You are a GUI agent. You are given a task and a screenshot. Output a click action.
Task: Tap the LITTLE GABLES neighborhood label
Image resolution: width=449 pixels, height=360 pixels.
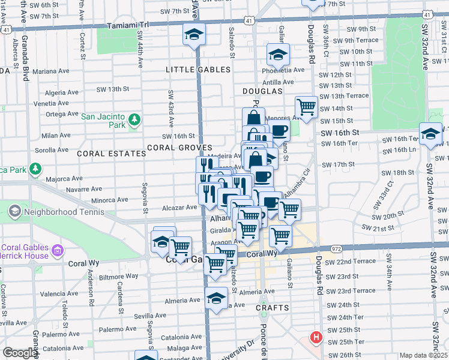[x=198, y=70]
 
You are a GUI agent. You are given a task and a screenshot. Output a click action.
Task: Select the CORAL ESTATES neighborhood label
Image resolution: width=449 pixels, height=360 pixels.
[x=112, y=154]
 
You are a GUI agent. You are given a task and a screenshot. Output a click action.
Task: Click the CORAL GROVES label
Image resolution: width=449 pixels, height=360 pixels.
[x=179, y=148]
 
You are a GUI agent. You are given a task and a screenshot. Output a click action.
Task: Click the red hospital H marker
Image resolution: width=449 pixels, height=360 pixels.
[x=315, y=338]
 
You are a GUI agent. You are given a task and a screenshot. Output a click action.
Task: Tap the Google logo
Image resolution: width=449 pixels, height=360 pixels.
[x=20, y=353]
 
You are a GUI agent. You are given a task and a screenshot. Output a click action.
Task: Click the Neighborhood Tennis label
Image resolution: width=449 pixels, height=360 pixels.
[x=58, y=211]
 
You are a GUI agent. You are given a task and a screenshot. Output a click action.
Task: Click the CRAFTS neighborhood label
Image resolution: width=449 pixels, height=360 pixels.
[x=273, y=308]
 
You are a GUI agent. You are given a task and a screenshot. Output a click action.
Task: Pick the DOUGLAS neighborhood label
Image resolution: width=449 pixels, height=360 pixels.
[x=262, y=91]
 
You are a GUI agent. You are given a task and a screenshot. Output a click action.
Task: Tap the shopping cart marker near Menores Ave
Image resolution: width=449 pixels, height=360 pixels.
[x=307, y=108]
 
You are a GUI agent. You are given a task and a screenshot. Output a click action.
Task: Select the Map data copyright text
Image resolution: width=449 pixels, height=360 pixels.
[x=424, y=355]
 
